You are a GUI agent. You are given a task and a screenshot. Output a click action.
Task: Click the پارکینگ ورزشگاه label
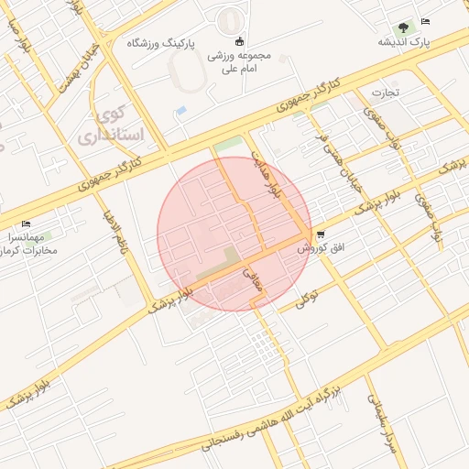pos(150,43)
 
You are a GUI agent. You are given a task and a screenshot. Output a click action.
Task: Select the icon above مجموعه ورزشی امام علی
pos(240,40)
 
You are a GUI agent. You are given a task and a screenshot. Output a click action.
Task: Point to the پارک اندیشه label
pos(404,42)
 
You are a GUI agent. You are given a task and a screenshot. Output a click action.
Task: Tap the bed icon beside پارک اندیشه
pos(425,21)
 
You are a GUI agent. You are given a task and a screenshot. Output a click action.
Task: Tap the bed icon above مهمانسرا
pos(26,224)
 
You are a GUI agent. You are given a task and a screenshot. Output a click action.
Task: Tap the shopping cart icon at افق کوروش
pos(319,234)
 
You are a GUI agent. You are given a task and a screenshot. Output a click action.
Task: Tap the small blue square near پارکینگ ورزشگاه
pos(181,111)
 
